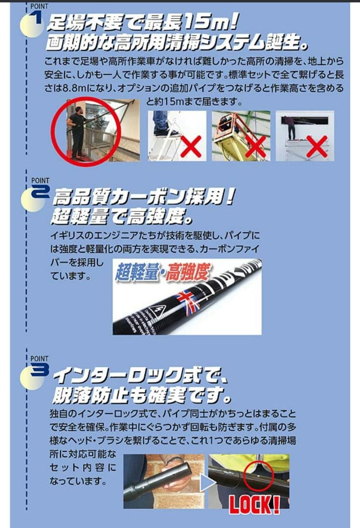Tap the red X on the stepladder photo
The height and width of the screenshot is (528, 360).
tap(190, 146)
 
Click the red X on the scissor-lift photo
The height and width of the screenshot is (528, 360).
tap(255, 146)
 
